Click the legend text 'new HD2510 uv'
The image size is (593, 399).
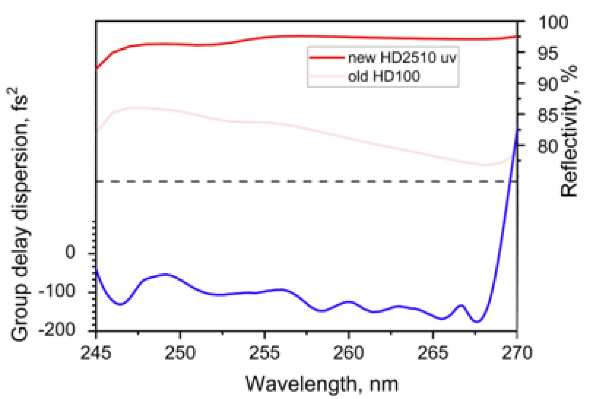point(402,58)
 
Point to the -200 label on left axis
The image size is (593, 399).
point(57,330)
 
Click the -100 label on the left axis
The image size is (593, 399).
point(57,291)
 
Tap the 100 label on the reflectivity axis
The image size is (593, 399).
point(553,22)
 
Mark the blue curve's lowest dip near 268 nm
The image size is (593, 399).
point(477,322)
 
